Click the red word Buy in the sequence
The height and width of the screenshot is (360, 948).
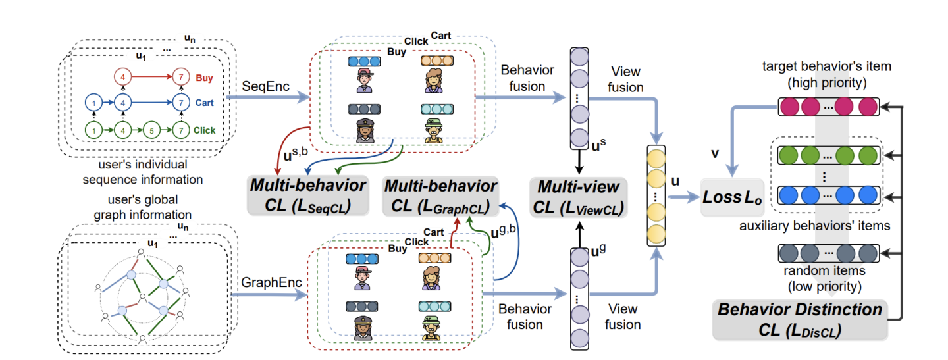pyautogui.click(x=204, y=77)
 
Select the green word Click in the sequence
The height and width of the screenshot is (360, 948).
pyautogui.click(x=205, y=131)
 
